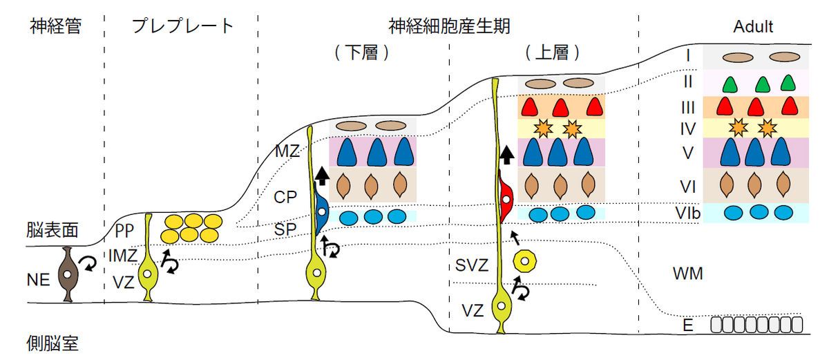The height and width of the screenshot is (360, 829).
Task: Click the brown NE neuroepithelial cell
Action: click(x=68, y=274)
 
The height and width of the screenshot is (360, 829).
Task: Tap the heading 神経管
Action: click(x=56, y=27)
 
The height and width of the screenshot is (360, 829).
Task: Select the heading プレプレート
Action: click(x=182, y=27)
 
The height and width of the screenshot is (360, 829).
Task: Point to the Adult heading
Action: click(x=752, y=27)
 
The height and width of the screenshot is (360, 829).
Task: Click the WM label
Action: click(x=687, y=274)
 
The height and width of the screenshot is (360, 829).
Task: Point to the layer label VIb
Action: click(x=687, y=213)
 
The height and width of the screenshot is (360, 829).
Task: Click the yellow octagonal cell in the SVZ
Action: click(x=525, y=262)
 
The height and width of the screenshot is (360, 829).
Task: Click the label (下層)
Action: click(x=361, y=53)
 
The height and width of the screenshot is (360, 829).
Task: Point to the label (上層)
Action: click(x=551, y=53)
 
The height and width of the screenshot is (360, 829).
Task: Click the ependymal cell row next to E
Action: click(x=756, y=324)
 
